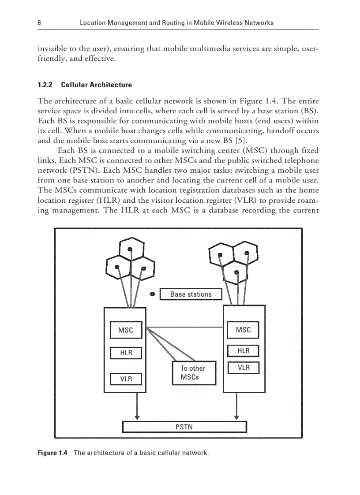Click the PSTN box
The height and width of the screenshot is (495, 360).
click(184, 427)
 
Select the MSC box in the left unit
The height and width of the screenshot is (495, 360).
click(125, 330)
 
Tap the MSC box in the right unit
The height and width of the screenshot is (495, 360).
click(243, 330)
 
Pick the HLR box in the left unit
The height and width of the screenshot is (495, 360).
click(126, 353)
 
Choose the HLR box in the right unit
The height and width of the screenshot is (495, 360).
click(243, 351)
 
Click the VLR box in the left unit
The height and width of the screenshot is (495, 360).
click(126, 379)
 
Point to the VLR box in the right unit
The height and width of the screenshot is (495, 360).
click(243, 368)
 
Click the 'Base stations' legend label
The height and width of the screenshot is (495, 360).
click(191, 294)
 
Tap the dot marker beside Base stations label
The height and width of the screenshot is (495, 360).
click(152, 294)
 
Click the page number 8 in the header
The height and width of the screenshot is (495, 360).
click(40, 22)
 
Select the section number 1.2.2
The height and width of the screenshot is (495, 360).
click(45, 85)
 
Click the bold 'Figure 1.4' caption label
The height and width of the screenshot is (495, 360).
click(52, 453)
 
